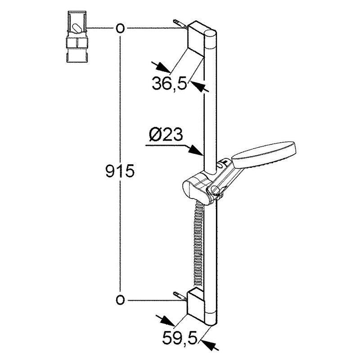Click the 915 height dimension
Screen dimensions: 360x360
click(120, 171)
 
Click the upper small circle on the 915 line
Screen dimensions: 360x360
click(120, 28)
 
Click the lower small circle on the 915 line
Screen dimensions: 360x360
click(120, 300)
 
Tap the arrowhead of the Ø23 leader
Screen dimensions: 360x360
click(196, 151)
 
